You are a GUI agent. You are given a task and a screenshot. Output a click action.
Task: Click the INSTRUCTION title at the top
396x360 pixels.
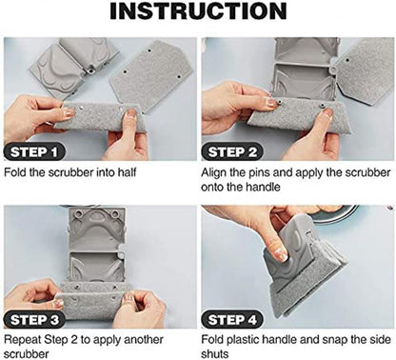198,11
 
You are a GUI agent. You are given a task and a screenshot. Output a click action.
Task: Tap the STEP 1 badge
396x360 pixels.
34,152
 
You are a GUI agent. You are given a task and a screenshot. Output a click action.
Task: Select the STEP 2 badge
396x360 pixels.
232,152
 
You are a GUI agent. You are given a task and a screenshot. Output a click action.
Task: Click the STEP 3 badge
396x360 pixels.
34,319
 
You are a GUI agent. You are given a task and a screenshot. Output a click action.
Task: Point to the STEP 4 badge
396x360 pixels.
232,319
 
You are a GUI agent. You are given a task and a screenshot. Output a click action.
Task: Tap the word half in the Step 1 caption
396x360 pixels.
127,172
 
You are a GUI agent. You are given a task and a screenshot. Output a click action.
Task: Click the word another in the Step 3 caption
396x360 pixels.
144,340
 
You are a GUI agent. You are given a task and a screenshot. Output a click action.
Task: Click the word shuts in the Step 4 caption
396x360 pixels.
214,353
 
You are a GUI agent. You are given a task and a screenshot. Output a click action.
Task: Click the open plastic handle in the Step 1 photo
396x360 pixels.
73,67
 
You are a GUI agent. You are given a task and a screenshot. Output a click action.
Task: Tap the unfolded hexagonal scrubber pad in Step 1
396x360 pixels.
151,75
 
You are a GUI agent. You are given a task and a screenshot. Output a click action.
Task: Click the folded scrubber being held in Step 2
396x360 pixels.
292,114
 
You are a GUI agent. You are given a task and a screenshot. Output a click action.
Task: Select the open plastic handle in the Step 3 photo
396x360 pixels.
96,245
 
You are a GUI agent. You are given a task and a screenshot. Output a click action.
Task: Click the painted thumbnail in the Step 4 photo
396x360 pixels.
282,254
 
